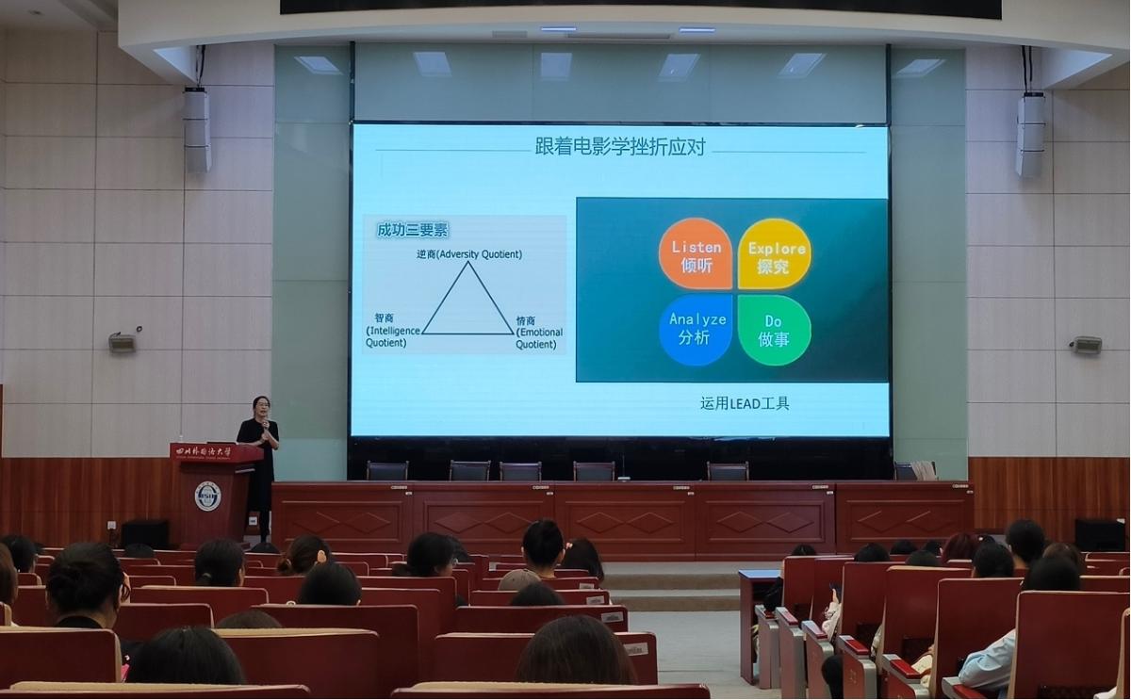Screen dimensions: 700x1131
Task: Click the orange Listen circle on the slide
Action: [x=696, y=253]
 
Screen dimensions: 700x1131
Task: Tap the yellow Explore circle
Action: [x=775, y=253]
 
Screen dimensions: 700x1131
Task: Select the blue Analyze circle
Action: [x=696, y=330]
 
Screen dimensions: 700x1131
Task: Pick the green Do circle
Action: [x=775, y=330]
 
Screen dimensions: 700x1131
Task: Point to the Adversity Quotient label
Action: [x=469, y=254]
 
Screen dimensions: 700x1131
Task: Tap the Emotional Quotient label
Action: [x=539, y=333]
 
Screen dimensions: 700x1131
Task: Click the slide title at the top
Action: [x=620, y=147]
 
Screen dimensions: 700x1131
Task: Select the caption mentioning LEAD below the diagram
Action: [x=745, y=403]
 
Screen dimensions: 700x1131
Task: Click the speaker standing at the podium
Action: [x=259, y=462]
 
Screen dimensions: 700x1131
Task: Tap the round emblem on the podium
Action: [x=207, y=496]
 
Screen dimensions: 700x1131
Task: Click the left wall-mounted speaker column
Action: [x=197, y=130]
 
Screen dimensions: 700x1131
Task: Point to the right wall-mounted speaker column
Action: [x=1030, y=134]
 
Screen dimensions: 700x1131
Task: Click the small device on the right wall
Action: [x=1086, y=345]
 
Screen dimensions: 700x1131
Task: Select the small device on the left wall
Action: [x=123, y=342]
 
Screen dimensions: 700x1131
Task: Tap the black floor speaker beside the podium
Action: [x=145, y=534]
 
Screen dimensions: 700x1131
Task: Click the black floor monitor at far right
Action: [x=1099, y=534]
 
